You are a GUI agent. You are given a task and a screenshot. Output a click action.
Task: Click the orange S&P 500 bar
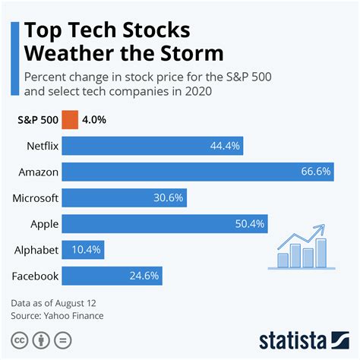pyautogui.click(x=70, y=120)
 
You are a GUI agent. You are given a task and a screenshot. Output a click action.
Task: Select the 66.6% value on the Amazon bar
pyautogui.click(x=315, y=172)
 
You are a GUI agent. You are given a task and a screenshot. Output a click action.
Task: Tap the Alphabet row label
pyautogui.click(x=36, y=249)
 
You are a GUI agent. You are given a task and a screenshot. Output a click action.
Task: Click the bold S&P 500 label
pyautogui.click(x=36, y=120)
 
